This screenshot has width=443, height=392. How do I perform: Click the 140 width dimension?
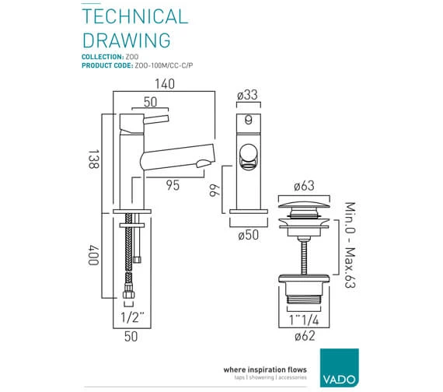tap(165, 84)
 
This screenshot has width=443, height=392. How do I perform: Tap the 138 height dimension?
tap(93, 159)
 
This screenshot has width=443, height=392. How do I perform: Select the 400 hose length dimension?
tap(93, 255)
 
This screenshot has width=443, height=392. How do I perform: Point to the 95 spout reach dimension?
tap(173, 185)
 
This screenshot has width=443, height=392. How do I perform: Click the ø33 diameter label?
tap(247, 95)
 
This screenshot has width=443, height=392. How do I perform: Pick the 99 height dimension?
tap(215, 190)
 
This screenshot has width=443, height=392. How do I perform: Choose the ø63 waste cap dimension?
tap(304, 186)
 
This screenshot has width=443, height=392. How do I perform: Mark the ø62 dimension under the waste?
tap(305, 336)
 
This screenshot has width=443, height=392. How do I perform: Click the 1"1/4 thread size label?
tap(304, 320)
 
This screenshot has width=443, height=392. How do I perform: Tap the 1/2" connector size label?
tap(132, 317)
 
